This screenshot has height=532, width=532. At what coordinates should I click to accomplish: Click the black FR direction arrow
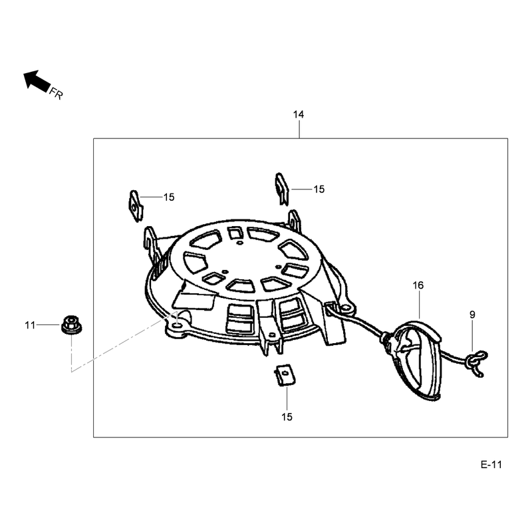pyautogui.click(x=37, y=80)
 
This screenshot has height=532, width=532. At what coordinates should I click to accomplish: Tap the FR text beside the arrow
pyautogui.click(x=57, y=93)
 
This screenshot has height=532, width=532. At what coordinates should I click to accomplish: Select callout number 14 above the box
pyautogui.click(x=299, y=114)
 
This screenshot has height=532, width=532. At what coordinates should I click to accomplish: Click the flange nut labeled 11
pyautogui.click(x=72, y=325)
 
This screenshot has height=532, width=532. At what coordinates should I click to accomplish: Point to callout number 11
pyautogui.click(x=30, y=325)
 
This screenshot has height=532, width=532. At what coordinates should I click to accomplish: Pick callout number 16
pyautogui.click(x=418, y=285)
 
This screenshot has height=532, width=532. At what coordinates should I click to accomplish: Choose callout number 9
pyautogui.click(x=472, y=315)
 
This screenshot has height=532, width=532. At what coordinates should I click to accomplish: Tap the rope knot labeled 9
pyautogui.click(x=477, y=362)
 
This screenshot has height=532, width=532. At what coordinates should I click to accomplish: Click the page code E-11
pyautogui.click(x=491, y=464)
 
